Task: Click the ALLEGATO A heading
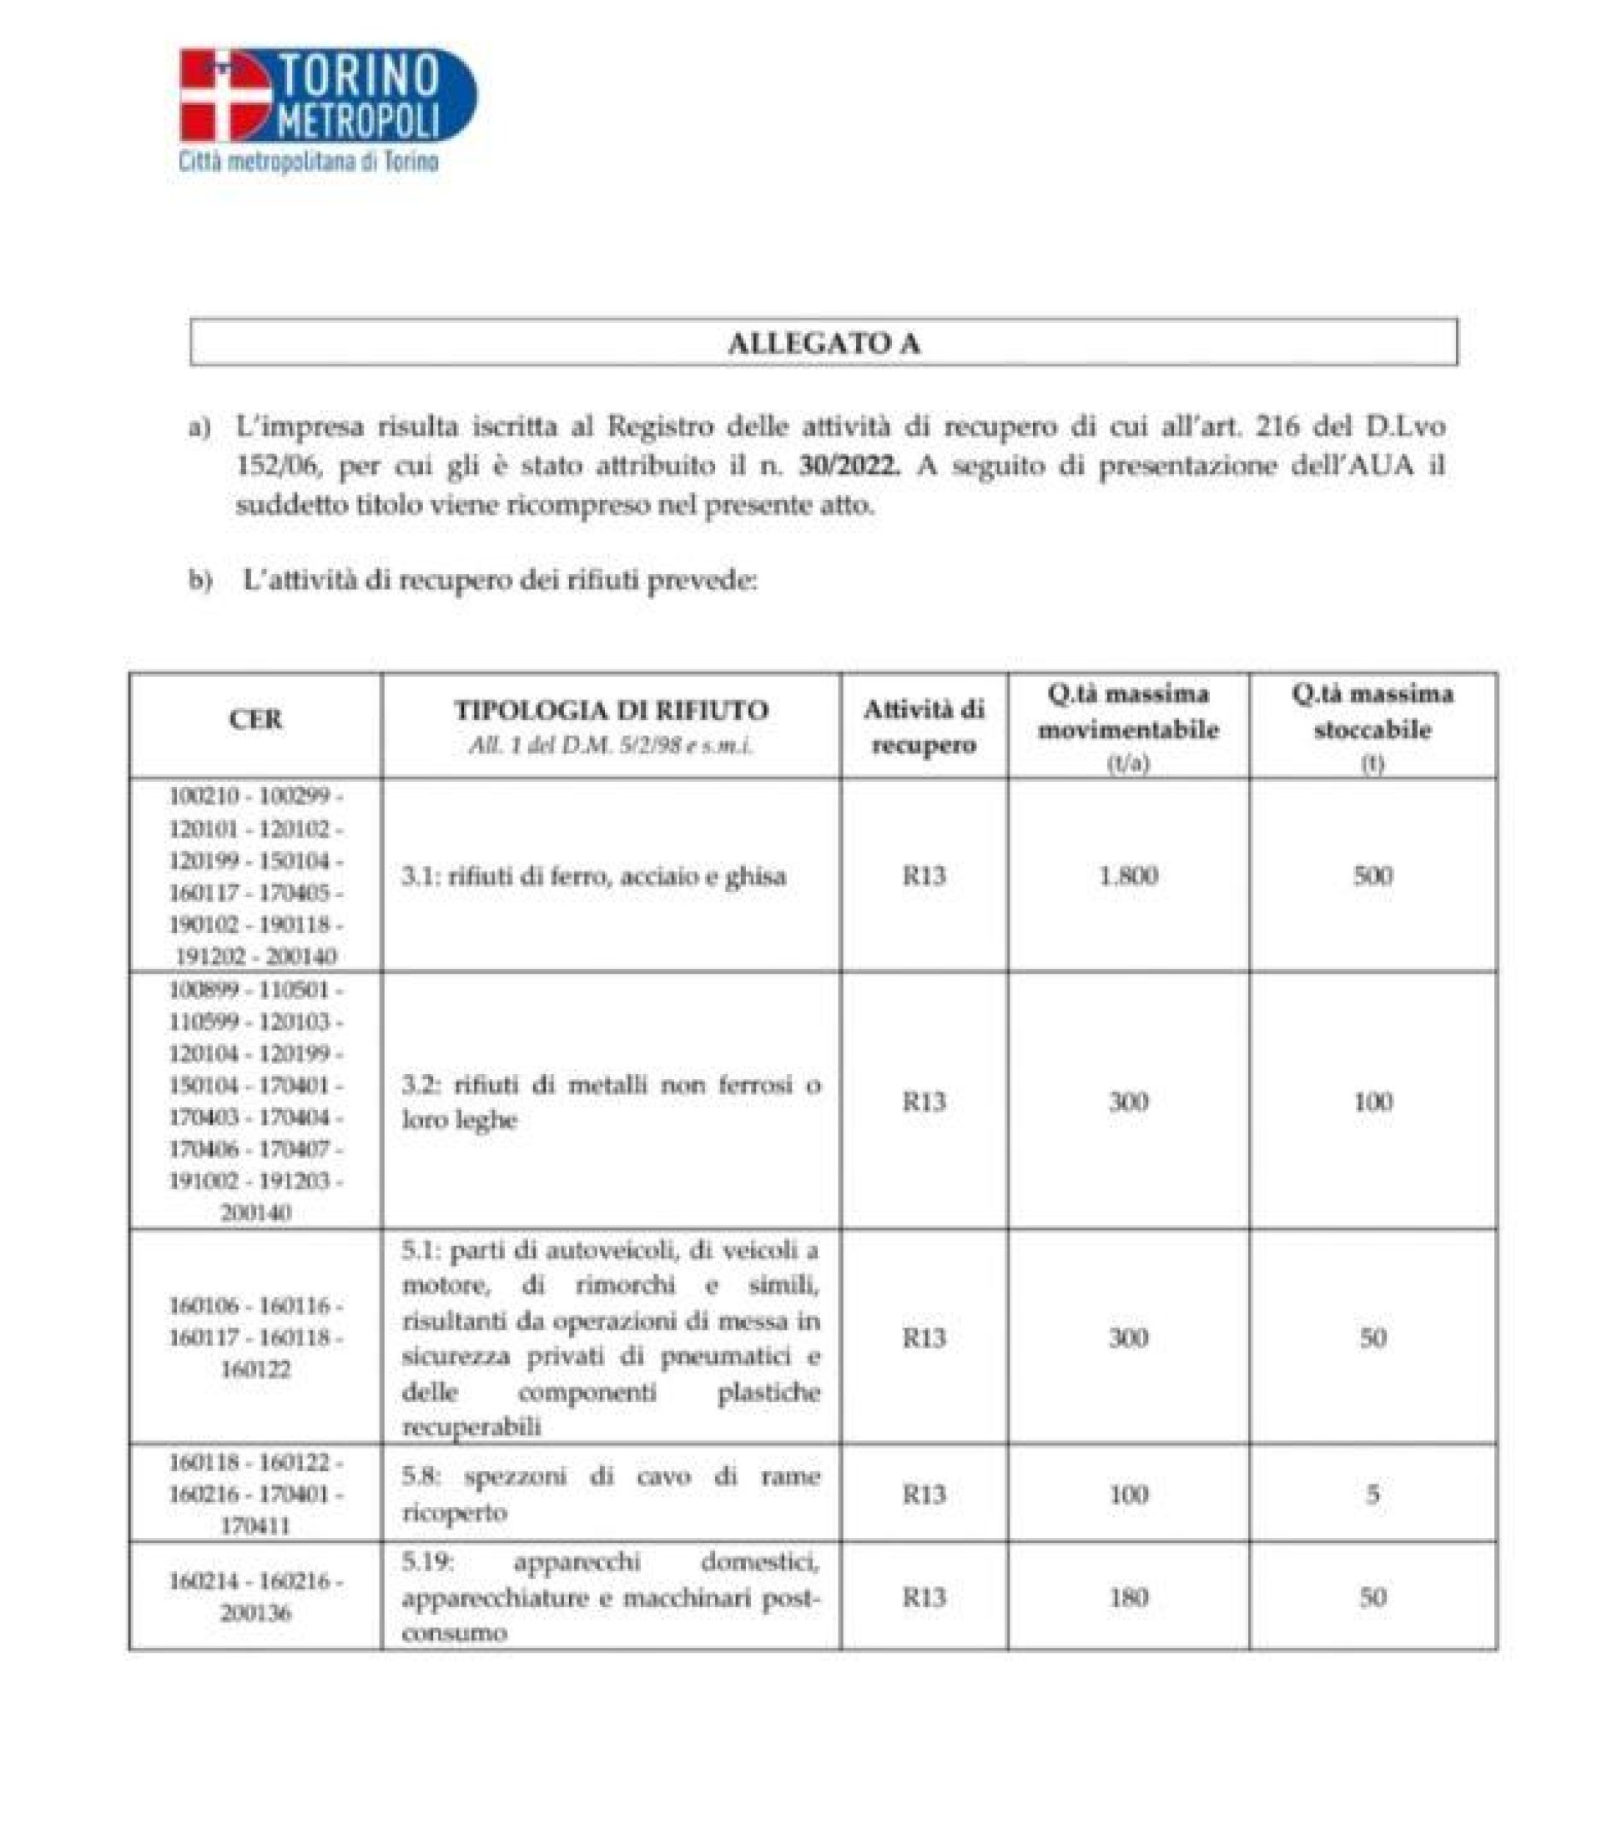pyautogui.click(x=823, y=344)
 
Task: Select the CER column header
pyautogui.click(x=255, y=719)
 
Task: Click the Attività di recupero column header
pyautogui.click(x=924, y=728)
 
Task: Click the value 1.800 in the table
pyautogui.click(x=1128, y=876)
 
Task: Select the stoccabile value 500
pyautogui.click(x=1373, y=876)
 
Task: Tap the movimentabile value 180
pyautogui.click(x=1128, y=1597)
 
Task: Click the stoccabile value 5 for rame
pyautogui.click(x=1373, y=1494)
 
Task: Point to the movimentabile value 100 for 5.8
pyautogui.click(x=1128, y=1494)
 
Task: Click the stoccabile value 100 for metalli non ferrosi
pyautogui.click(x=1373, y=1102)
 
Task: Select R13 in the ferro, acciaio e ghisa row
pyautogui.click(x=924, y=876)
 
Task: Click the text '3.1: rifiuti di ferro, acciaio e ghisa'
pyautogui.click(x=594, y=876)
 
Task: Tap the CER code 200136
pyautogui.click(x=255, y=1613)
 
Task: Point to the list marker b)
pyautogui.click(x=200, y=580)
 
